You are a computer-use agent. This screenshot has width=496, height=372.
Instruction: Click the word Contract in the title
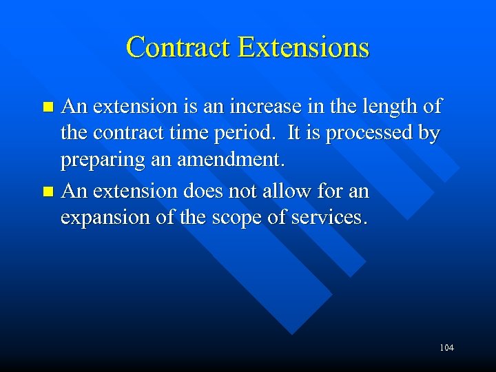[x=178, y=48]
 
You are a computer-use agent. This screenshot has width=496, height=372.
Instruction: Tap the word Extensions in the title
[x=304, y=48]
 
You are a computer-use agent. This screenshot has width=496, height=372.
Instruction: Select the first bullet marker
[x=48, y=107]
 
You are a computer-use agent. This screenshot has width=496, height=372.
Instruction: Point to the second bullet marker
[x=48, y=191]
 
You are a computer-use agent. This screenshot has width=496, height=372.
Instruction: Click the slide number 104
[x=446, y=348]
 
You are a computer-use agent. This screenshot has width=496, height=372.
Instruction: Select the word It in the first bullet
[x=294, y=134]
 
